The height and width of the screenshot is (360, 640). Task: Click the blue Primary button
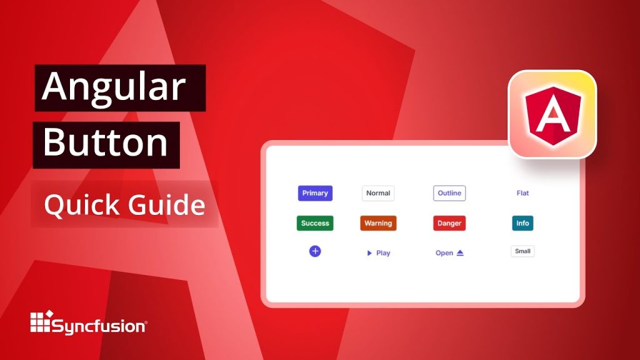coord(315,193)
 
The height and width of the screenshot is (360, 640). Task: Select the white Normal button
coord(378,193)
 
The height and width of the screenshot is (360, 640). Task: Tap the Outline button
coord(449,193)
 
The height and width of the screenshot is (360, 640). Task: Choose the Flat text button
coord(522,193)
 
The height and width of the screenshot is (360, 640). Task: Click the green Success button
coord(315,223)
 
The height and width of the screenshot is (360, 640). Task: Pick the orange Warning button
coord(378,223)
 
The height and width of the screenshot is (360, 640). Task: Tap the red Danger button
coord(449,223)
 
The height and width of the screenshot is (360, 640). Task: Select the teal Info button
coord(522,223)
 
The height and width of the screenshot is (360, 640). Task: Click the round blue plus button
coord(315,251)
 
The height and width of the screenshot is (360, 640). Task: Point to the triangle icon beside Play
coord(369,253)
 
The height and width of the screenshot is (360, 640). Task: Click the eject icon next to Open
coord(460,253)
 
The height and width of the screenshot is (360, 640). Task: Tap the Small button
coord(522,251)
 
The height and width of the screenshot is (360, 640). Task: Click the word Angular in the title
coord(114,87)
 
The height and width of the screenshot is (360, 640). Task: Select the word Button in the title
coord(106,143)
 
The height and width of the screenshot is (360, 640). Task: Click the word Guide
coord(169,204)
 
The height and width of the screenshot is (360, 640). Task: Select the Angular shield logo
coord(552,115)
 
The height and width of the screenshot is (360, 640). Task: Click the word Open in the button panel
coord(444,253)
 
